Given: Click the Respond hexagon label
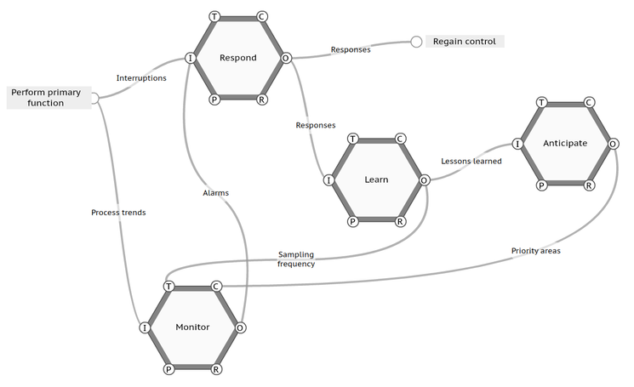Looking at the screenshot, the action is point(237,58).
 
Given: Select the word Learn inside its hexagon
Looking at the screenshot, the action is point(376,179).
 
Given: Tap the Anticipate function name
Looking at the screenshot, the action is point(565,143).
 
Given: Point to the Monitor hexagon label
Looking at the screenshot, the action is point(192,327).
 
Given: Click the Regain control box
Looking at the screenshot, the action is point(465,41).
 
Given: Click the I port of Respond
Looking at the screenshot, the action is point(190,58).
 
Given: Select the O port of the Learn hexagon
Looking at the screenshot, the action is point(424,180).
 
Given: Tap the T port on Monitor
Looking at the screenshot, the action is point(168,287).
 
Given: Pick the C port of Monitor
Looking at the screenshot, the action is point(216,287).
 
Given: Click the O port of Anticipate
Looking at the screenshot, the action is point(613,144).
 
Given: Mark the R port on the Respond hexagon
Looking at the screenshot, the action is point(262,100).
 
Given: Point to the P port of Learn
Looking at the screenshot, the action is point(352,221).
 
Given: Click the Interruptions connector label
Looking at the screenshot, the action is point(141,78).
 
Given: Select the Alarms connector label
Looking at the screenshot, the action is point(215,193).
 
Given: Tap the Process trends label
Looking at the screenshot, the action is point(118,213).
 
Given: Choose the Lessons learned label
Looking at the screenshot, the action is point(471,162).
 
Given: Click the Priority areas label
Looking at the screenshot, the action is point(536,251).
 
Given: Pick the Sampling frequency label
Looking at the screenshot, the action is point(296,259).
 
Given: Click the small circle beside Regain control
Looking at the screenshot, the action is point(416,42).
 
